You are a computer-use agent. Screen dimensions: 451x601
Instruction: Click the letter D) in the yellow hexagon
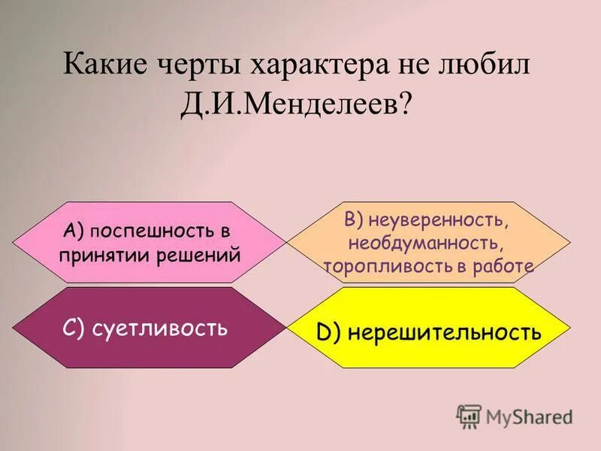[328, 333]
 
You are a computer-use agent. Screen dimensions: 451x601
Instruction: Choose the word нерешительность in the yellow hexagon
[444, 332]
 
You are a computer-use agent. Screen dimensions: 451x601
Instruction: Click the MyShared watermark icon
[469, 416]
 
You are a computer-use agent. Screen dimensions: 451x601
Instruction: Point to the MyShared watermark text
[529, 416]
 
